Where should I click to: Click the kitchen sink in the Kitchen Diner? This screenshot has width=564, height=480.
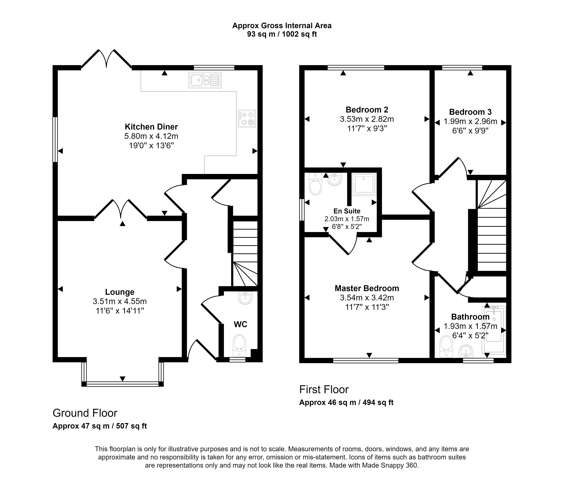pyautogui.click(x=205, y=80)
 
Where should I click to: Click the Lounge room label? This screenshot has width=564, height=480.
pyautogui.click(x=120, y=292)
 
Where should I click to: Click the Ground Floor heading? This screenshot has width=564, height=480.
pyautogui.click(x=85, y=413)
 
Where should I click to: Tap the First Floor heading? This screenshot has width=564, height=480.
pyautogui.click(x=324, y=389)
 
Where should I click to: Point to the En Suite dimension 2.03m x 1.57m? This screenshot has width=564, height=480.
pyautogui.click(x=347, y=219)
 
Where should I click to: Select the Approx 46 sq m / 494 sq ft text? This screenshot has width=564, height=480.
pyautogui.click(x=346, y=402)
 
